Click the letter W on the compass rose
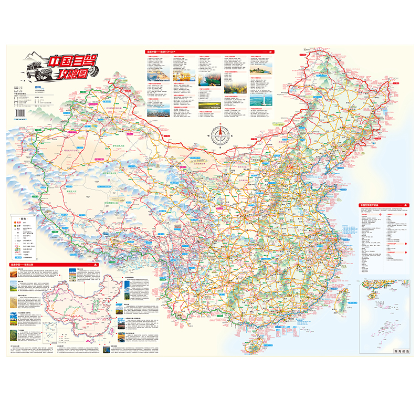tap(209, 134)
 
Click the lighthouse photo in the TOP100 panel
tap(257, 99)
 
